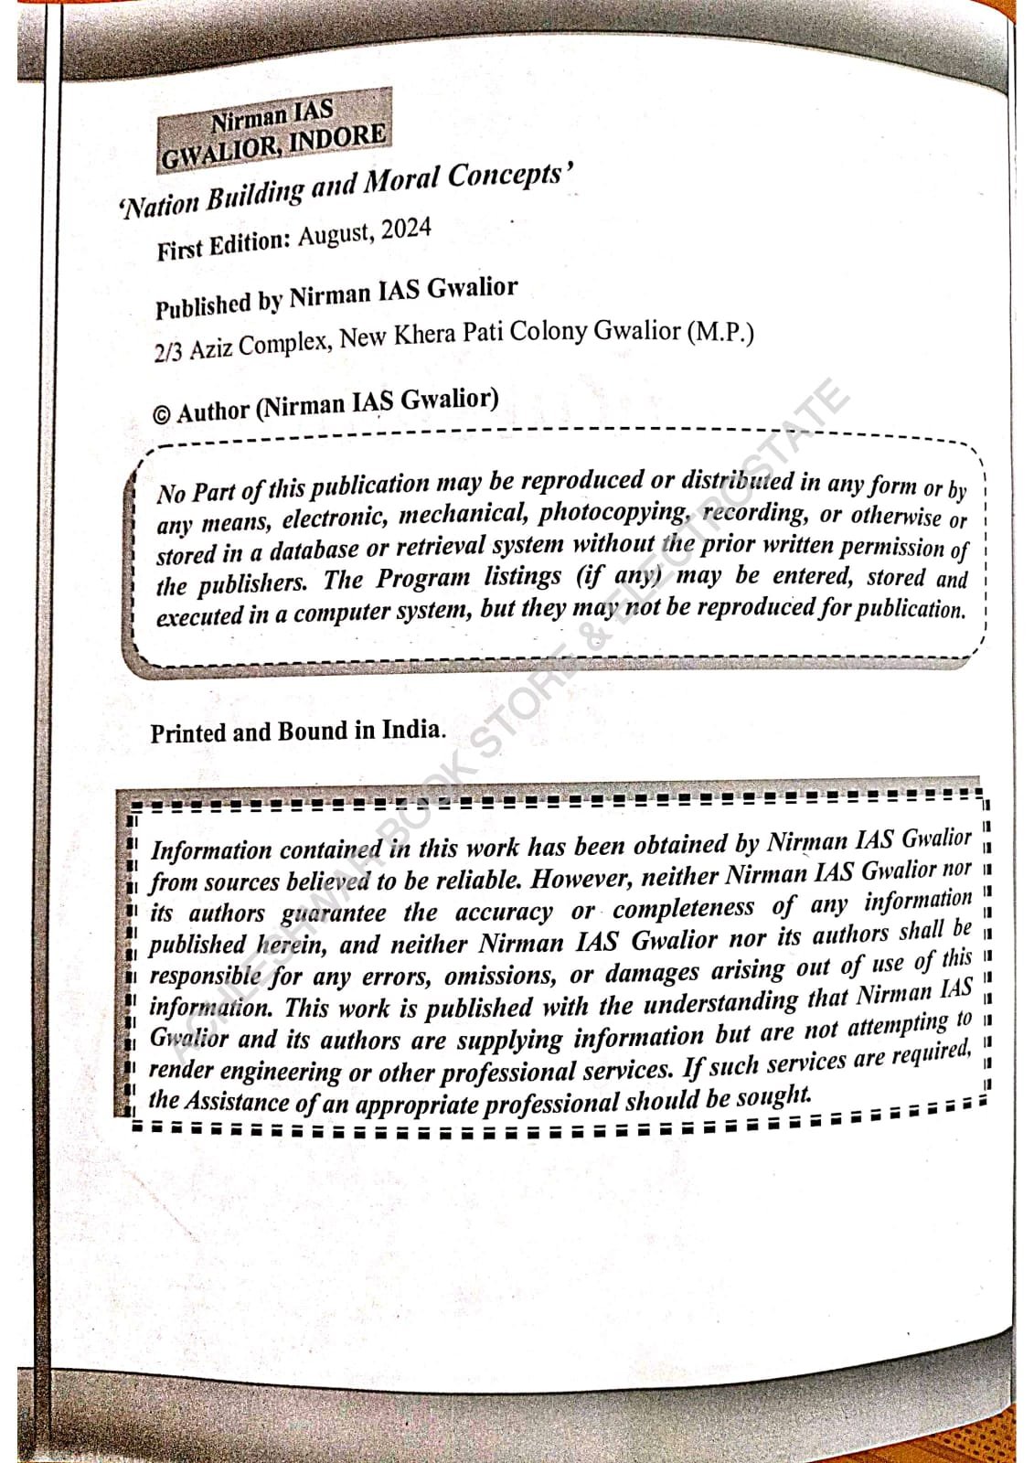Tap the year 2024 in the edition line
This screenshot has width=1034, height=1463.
406,229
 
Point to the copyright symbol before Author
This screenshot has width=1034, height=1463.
161,415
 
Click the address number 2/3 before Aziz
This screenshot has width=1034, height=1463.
168,352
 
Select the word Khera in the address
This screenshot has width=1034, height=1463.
423,336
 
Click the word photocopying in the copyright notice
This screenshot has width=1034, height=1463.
613,512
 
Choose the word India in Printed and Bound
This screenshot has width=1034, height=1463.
411,730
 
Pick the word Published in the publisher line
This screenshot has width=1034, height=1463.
202,305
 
